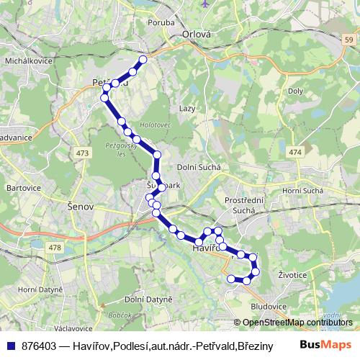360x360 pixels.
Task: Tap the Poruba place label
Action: click(x=162, y=22)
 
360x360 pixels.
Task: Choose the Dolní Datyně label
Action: click(x=148, y=299)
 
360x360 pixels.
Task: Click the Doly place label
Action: click(x=295, y=91)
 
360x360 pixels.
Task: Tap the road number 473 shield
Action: click(x=81, y=153)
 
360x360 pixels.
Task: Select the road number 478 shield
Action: click(x=55, y=248)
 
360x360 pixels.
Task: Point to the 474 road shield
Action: click(x=294, y=153)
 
